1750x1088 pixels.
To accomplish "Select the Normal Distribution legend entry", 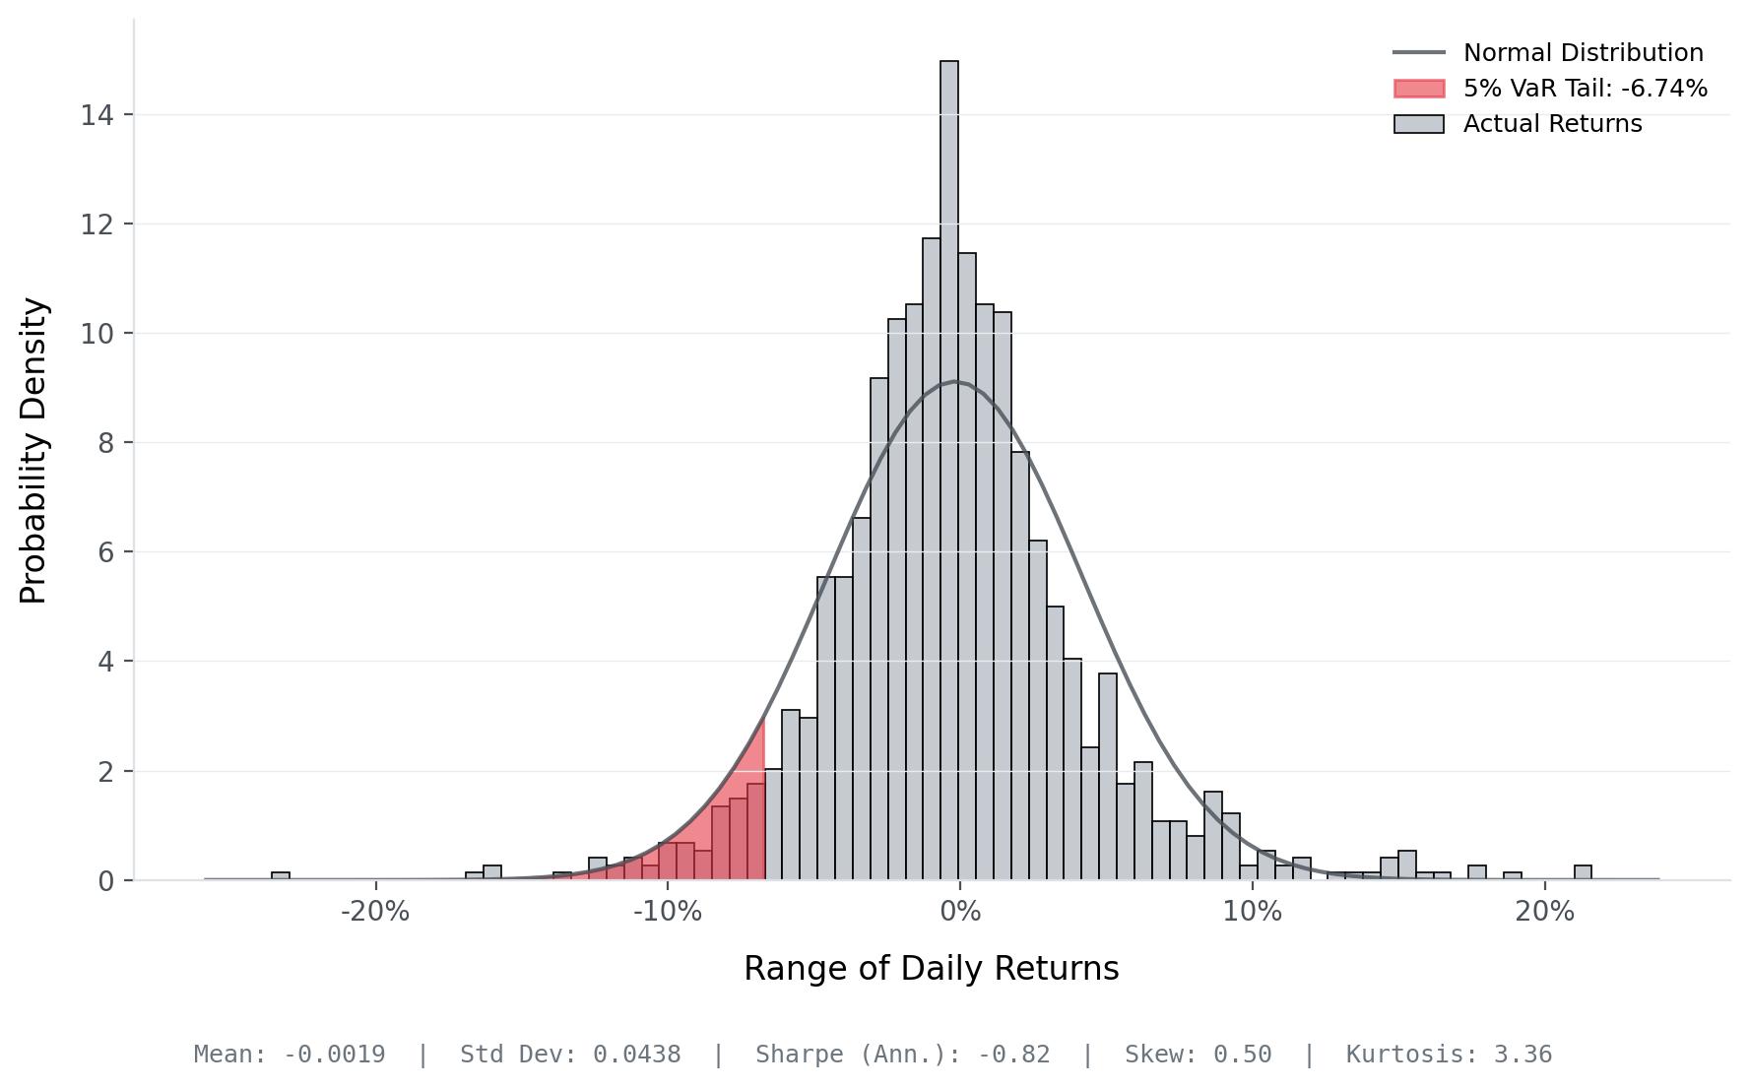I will (x=1583, y=53).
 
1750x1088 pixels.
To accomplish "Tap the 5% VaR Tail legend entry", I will (x=1585, y=89).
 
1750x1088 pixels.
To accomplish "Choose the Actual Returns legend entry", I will (x=1552, y=124).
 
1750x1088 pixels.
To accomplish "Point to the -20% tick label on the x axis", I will (x=374, y=912).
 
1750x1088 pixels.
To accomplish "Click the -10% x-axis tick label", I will (x=667, y=912).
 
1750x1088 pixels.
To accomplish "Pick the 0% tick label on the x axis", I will (x=960, y=912).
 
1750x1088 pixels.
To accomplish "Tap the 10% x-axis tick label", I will (x=1252, y=912).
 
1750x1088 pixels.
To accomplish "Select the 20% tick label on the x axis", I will (x=1544, y=912).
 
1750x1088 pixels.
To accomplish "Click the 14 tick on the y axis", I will (x=97, y=115).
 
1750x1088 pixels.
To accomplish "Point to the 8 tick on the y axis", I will (x=105, y=443).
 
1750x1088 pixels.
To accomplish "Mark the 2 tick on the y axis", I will (x=105, y=771).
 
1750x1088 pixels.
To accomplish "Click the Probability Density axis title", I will (x=33, y=450).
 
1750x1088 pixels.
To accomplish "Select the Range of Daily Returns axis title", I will (x=931, y=969).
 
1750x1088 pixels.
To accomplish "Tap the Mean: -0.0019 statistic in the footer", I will (x=289, y=1055).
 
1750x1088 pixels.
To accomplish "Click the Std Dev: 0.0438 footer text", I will (x=570, y=1055).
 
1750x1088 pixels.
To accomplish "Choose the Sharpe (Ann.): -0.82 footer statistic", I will (x=902, y=1055).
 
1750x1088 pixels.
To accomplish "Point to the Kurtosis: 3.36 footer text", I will (x=1449, y=1055).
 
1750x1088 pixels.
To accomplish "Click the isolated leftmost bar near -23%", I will (x=281, y=875).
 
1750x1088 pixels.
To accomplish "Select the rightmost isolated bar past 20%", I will (x=1583, y=872).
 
